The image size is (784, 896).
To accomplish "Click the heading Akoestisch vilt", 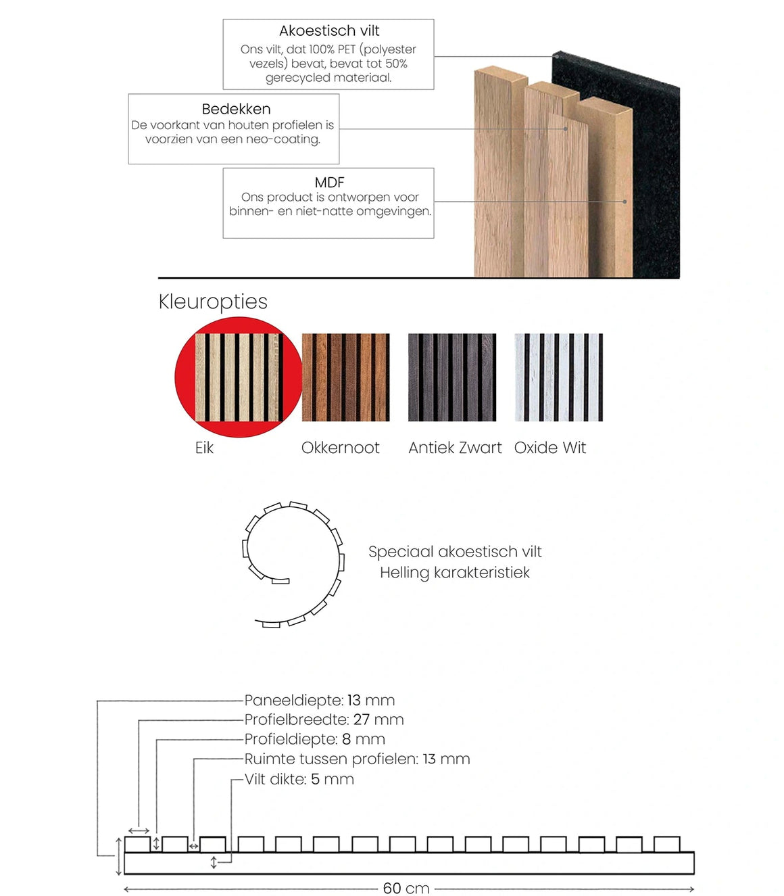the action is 328,31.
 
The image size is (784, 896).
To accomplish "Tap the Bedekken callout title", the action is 236,109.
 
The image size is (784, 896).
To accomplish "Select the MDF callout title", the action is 329,182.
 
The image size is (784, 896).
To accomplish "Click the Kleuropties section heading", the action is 213,302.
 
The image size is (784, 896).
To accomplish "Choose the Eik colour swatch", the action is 239,377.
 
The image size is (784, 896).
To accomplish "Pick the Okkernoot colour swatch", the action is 345,377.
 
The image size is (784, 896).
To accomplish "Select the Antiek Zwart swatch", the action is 452,377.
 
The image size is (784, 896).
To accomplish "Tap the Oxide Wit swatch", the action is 558,377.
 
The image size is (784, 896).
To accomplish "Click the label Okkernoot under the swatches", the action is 340,448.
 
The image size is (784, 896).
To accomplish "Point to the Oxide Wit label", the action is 549,448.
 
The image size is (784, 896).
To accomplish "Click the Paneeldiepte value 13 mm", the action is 371,701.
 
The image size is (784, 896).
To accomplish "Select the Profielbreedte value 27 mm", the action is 378,720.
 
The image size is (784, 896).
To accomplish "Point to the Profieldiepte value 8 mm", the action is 364,739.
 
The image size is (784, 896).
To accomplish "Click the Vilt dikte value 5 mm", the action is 333,779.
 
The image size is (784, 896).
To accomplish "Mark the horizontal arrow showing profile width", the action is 139,831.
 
